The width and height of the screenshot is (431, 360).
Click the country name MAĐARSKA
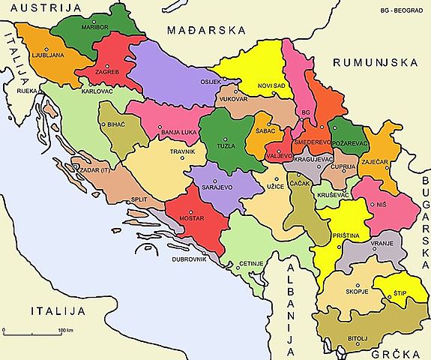click(207, 31)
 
